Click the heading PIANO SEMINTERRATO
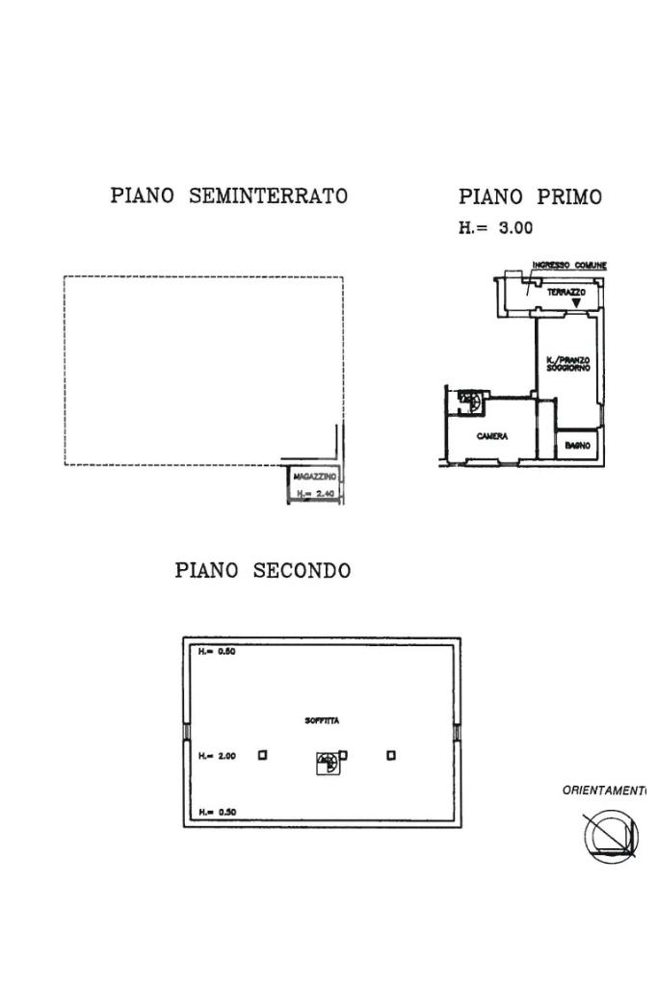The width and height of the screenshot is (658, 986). click(x=228, y=196)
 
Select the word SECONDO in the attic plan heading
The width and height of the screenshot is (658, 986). click(x=302, y=570)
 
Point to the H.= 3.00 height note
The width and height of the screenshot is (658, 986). click(x=496, y=229)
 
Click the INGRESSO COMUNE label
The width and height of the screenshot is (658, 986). click(x=569, y=266)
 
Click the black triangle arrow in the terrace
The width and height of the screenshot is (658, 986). click(x=576, y=303)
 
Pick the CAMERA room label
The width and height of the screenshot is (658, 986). click(x=491, y=436)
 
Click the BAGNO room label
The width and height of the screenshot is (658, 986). click(x=578, y=445)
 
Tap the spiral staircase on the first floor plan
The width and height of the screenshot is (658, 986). click(x=469, y=397)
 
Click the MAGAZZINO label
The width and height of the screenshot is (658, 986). click(x=314, y=478)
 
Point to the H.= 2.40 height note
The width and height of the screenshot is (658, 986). click(x=314, y=495)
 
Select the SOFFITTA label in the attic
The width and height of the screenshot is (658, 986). click(x=321, y=720)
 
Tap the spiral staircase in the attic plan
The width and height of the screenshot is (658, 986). click(x=327, y=765)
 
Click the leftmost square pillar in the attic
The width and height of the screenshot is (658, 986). click(x=263, y=755)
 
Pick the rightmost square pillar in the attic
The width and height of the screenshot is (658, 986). click(x=391, y=755)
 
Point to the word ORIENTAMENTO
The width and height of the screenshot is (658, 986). click(x=604, y=791)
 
